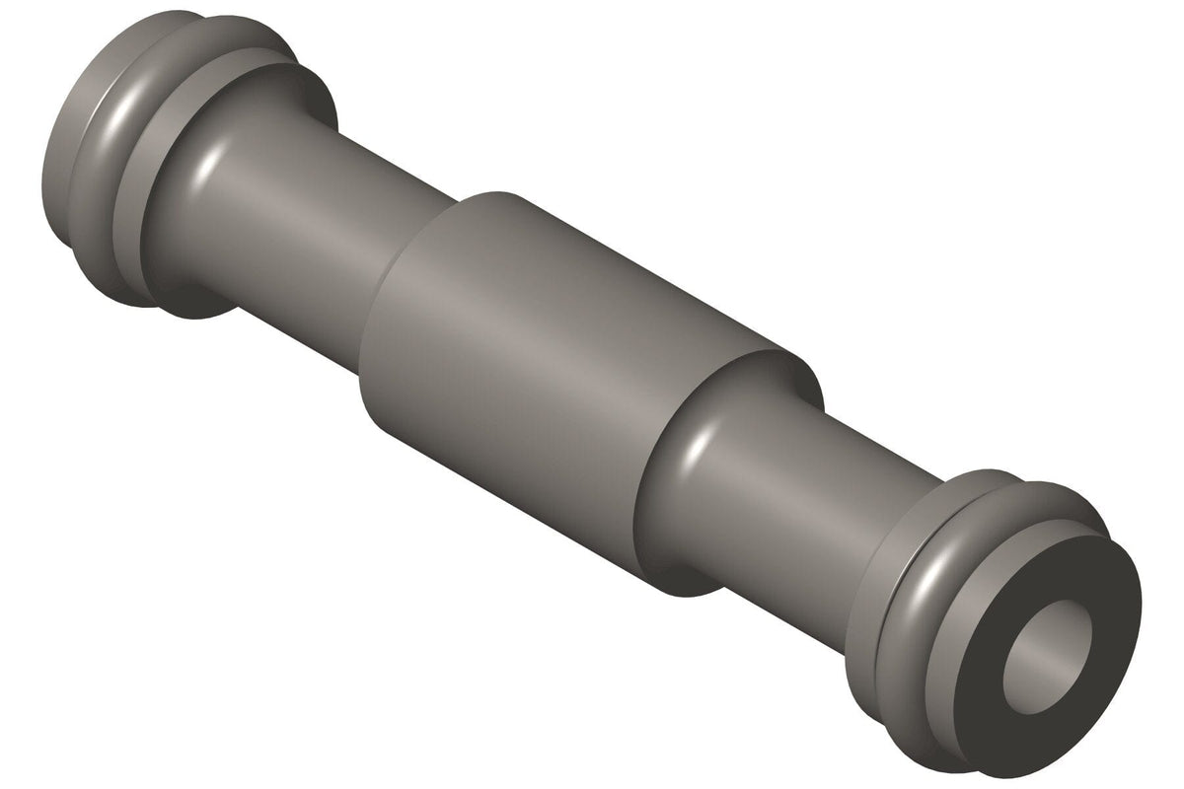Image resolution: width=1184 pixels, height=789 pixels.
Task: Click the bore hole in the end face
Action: click(1049, 653)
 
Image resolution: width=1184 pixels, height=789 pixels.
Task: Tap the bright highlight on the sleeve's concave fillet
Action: click(697, 449)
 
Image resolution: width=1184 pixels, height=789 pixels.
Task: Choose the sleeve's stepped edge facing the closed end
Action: click(385, 325)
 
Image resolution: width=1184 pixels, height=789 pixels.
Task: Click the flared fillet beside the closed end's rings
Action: click(197, 197)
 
